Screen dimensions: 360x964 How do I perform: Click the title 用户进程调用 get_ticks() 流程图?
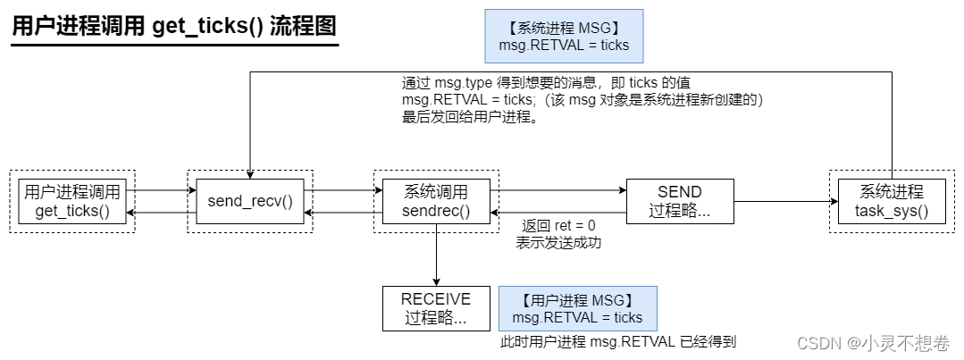174,26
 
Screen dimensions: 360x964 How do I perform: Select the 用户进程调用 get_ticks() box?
72,201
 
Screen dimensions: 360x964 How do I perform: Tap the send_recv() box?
250,201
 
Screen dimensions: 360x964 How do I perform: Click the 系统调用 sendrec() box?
436,201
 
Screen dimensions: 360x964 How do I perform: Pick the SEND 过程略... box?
679,201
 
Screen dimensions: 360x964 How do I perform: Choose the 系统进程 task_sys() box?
891,201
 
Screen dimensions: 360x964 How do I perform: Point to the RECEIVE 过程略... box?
436,307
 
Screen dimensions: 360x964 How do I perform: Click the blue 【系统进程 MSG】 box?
564,37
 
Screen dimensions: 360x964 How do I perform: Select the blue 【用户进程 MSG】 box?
577,308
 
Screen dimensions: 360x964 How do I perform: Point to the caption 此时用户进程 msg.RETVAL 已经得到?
618,341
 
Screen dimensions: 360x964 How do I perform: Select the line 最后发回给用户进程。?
470,118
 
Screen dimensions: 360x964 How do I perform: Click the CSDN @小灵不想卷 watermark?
873,343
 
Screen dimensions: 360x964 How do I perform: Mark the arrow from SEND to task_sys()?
781,201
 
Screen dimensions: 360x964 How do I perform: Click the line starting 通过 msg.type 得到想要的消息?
546,83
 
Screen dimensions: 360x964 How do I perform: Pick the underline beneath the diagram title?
174,44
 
